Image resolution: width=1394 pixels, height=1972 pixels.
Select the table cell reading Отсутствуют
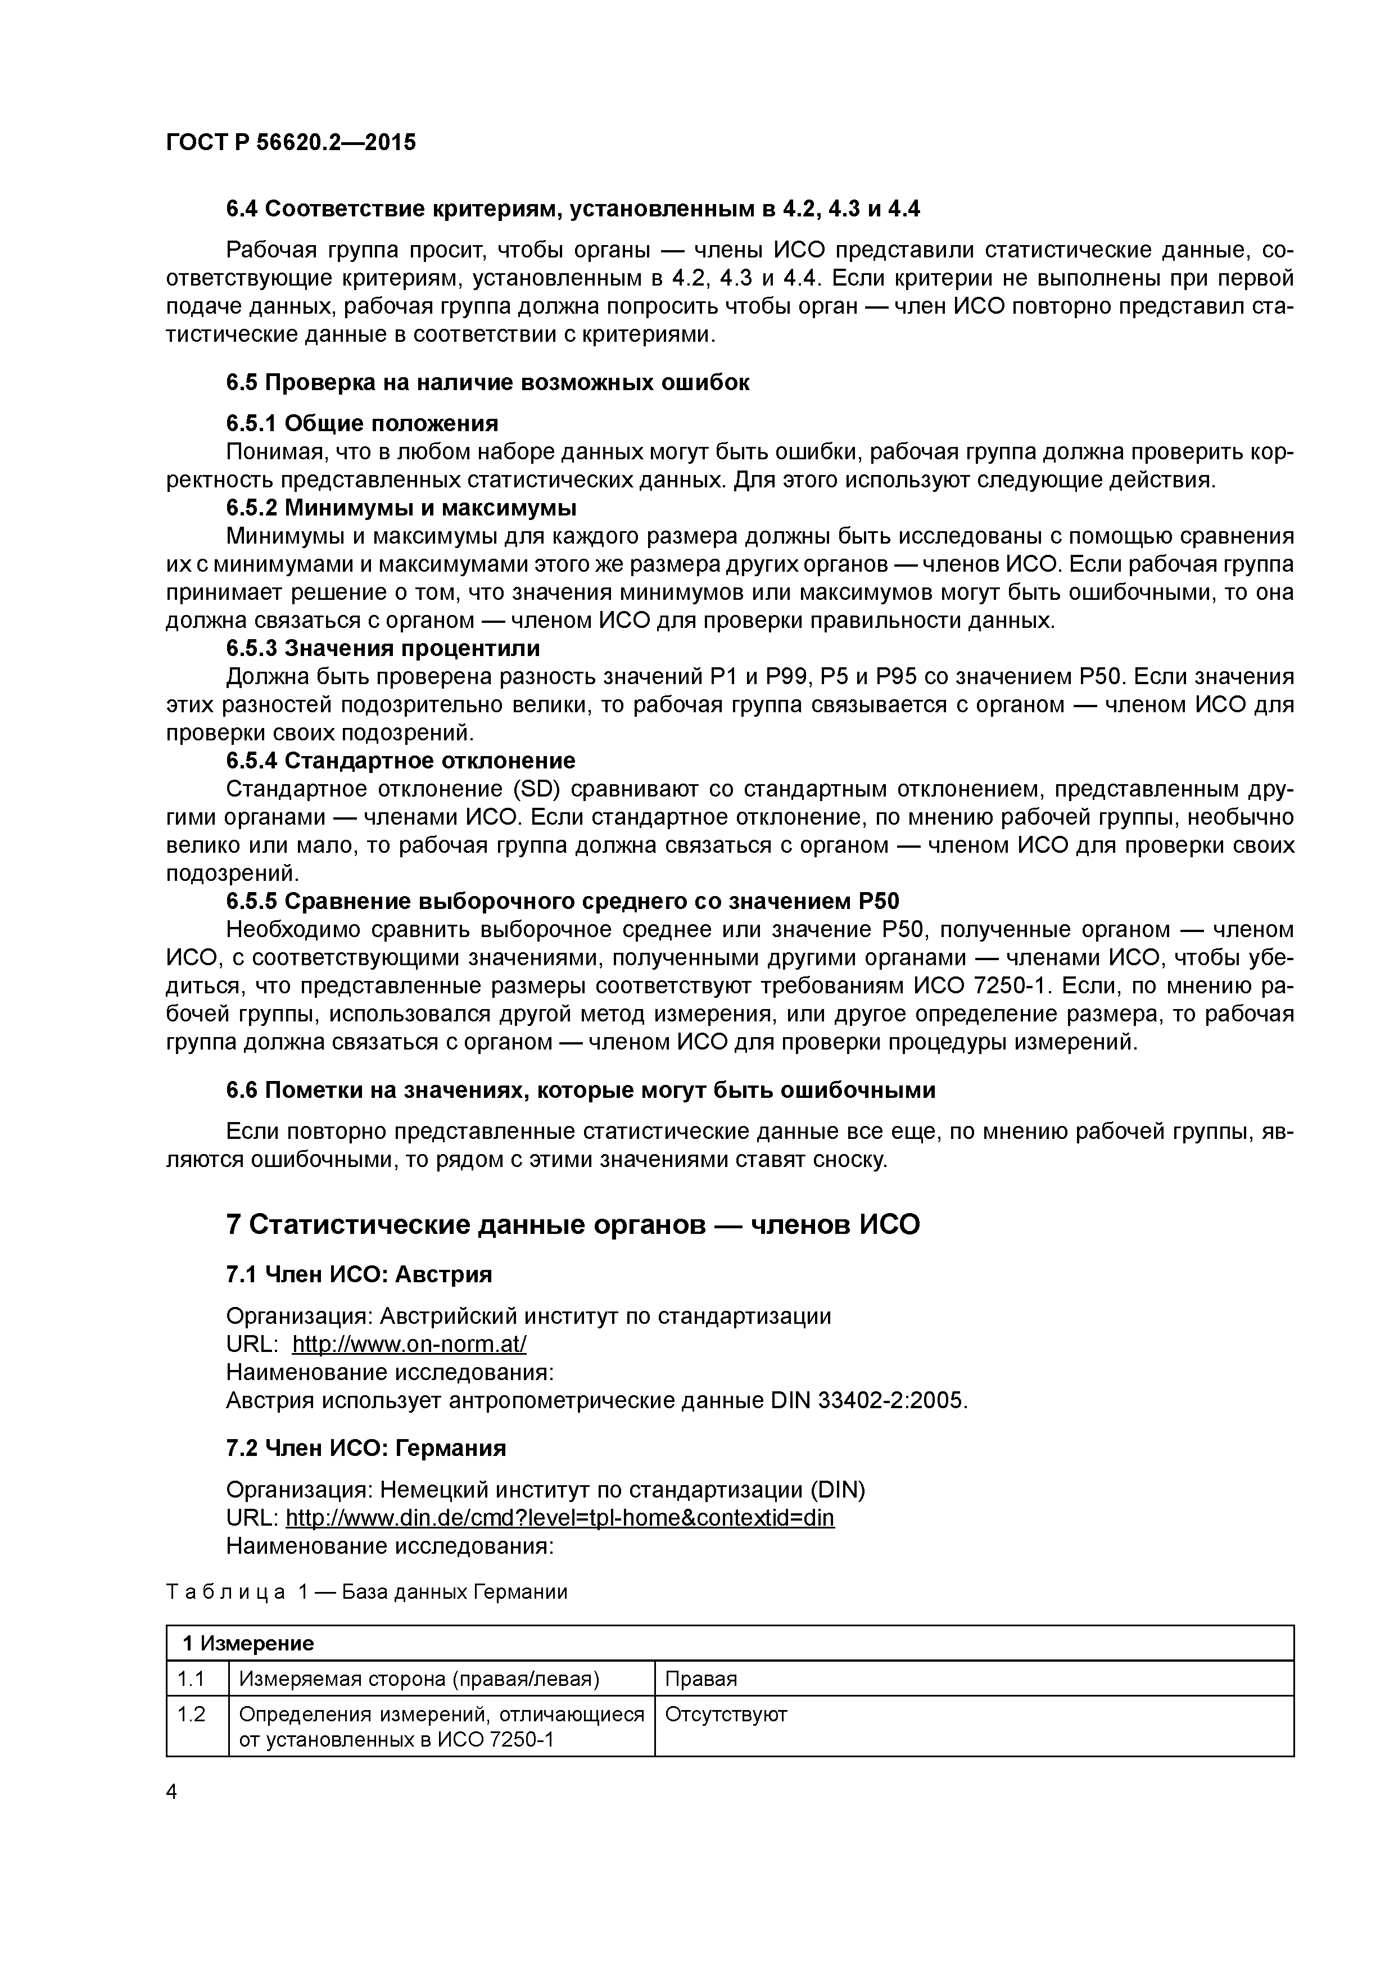tap(726, 1715)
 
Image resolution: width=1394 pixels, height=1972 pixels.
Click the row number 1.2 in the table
tap(191, 1715)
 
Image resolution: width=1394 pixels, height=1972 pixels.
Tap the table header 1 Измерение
tap(248, 1643)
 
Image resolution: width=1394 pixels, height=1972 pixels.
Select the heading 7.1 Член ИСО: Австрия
tap(359, 1274)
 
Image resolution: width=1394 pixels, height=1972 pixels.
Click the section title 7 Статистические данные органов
tap(572, 1224)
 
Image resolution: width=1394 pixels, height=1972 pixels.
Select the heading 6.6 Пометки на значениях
tap(581, 1090)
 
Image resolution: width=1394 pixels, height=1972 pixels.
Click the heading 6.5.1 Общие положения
tap(361, 423)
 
